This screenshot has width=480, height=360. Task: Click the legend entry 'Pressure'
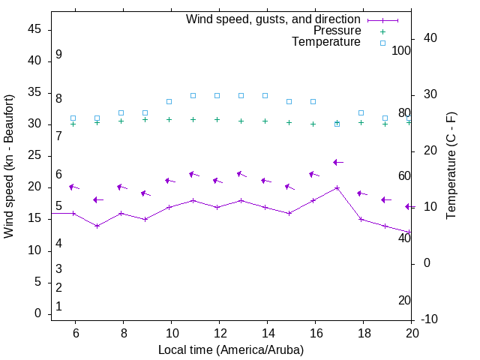coord(337,31)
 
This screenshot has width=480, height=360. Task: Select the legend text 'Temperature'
coord(326,42)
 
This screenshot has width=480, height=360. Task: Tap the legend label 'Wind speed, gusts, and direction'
coord(274,19)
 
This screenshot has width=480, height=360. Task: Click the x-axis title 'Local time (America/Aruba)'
coord(231,349)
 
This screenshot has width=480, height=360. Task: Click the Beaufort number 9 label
coord(58,55)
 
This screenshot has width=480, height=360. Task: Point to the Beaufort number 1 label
coord(58,307)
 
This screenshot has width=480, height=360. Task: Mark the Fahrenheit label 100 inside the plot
coord(401,50)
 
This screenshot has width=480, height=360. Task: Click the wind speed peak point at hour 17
coord(337,187)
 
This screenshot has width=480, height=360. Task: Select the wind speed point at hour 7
coord(97,226)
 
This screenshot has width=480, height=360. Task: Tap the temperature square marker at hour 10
coord(169,101)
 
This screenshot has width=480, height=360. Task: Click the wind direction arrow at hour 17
coord(337,162)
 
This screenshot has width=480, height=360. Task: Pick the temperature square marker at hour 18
coord(361,112)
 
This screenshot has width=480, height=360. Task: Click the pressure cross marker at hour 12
coord(217,119)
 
